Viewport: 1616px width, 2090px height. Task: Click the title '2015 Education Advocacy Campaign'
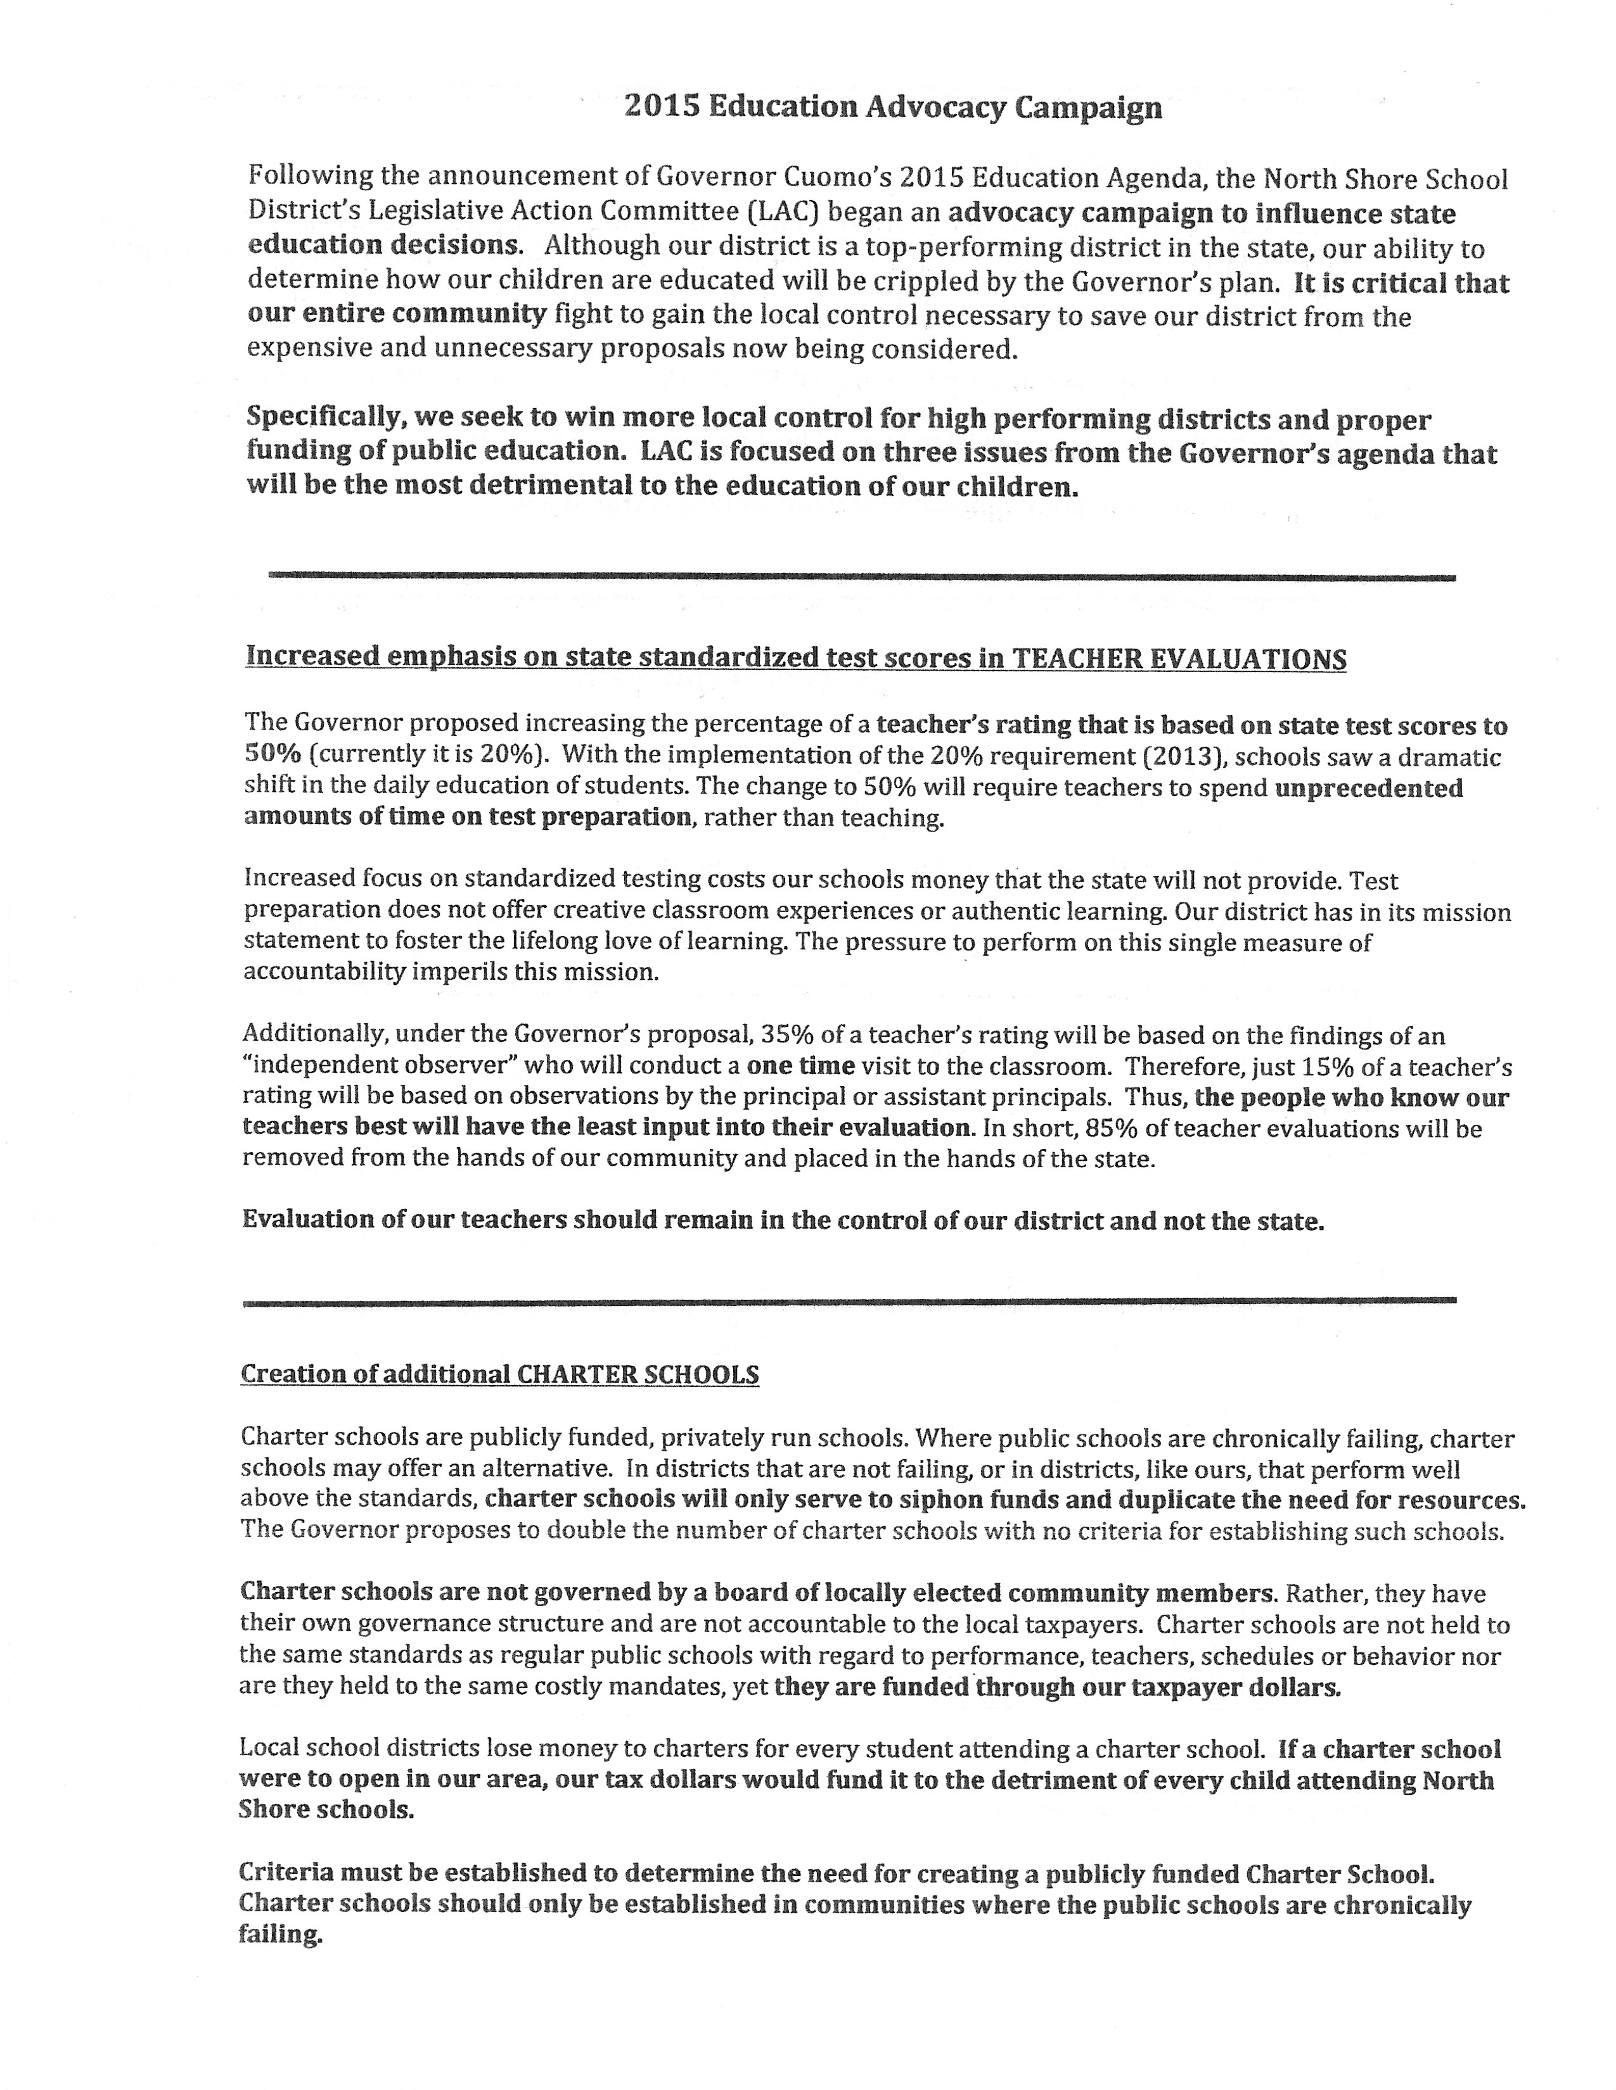[x=892, y=106]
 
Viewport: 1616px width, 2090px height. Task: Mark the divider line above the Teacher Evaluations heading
[x=862, y=577]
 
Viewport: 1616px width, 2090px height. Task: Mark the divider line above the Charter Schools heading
[x=850, y=1300]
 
